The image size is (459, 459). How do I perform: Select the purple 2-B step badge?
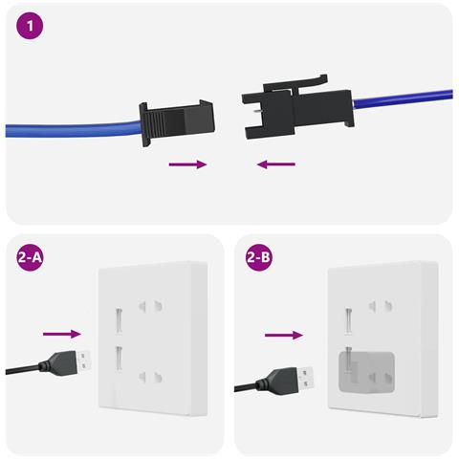pos(260,259)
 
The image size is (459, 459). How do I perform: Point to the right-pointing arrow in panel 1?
pos(187,164)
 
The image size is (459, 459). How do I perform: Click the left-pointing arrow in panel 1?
pos(275,164)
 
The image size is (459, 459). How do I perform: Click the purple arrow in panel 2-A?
pos(62,334)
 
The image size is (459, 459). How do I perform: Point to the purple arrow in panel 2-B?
pos(284,336)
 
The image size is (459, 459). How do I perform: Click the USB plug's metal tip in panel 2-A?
pos(85,361)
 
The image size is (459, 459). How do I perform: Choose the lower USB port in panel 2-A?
pos(119,359)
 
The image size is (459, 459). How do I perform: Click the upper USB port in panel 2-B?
pos(349,317)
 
